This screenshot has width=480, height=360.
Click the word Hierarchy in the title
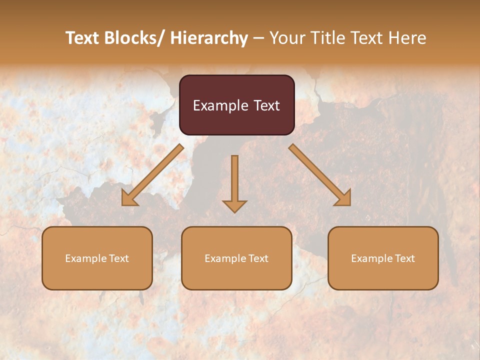pos(209,38)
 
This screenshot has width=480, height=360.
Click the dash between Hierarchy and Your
pos(258,38)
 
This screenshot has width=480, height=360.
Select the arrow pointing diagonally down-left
pos(152,175)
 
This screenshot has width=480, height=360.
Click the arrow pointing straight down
pos(234,182)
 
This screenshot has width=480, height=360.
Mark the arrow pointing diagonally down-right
pos(320,175)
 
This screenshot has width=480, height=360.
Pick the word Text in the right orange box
pos(404,258)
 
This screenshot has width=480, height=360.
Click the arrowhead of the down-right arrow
pos(344,198)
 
